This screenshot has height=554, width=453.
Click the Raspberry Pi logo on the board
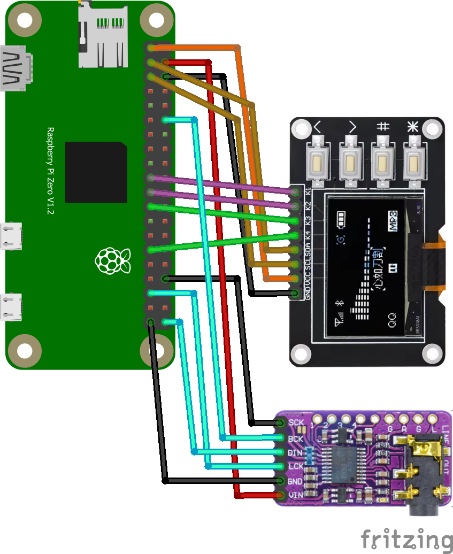tap(112, 261)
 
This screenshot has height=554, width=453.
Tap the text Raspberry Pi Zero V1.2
tap(51, 171)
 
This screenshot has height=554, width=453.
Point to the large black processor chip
tap(96, 172)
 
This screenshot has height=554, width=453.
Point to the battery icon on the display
tap(341, 219)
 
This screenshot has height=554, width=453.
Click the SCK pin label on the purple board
tap(296, 423)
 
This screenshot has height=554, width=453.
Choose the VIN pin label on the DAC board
tap(296, 495)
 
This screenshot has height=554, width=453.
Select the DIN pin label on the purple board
tap(296, 453)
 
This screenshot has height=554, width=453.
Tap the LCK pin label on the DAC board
tap(296, 467)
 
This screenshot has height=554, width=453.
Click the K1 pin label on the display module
tap(308, 191)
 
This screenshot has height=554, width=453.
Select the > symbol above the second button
tap(352, 127)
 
